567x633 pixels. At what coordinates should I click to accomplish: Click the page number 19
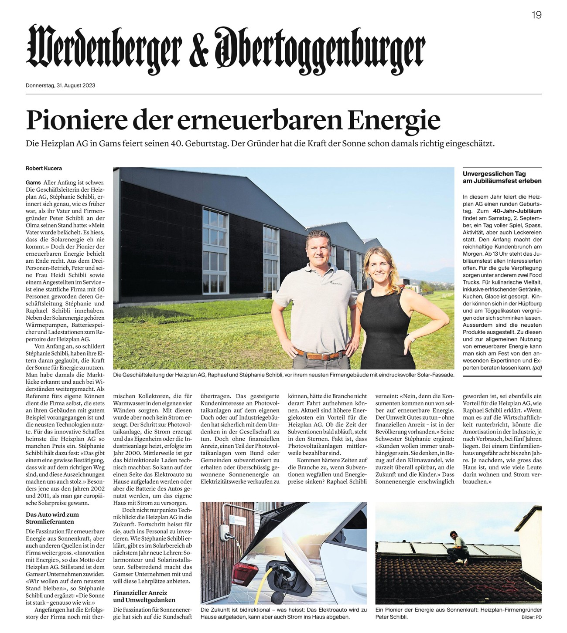(536, 15)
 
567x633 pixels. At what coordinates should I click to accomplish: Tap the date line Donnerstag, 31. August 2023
(61, 85)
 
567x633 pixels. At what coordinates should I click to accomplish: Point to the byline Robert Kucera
(44, 168)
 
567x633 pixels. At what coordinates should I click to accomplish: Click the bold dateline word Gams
(33, 182)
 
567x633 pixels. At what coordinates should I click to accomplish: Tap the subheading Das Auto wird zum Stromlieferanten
(52, 518)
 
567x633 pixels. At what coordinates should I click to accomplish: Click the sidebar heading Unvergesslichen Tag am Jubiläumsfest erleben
(502, 177)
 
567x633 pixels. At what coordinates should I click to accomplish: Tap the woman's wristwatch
(411, 339)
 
